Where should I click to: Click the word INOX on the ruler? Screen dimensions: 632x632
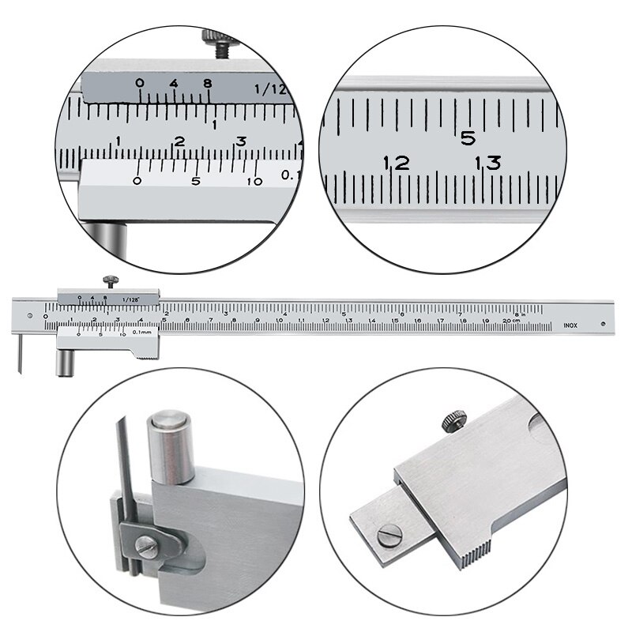pyautogui.click(x=570, y=324)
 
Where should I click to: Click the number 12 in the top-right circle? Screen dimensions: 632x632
pyautogui.click(x=396, y=164)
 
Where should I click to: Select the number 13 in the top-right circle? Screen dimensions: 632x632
pyautogui.click(x=487, y=164)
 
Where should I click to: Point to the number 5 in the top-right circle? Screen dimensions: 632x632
pyautogui.click(x=468, y=138)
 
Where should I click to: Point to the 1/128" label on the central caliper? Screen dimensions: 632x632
pyautogui.click(x=132, y=299)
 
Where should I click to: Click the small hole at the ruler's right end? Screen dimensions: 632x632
pyautogui.click(x=603, y=322)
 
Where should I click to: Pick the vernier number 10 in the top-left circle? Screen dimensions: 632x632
pyautogui.click(x=254, y=181)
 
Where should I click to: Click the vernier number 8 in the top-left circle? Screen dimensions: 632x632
pyautogui.click(x=207, y=84)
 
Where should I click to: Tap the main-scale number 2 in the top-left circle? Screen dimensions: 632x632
pyautogui.click(x=179, y=141)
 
